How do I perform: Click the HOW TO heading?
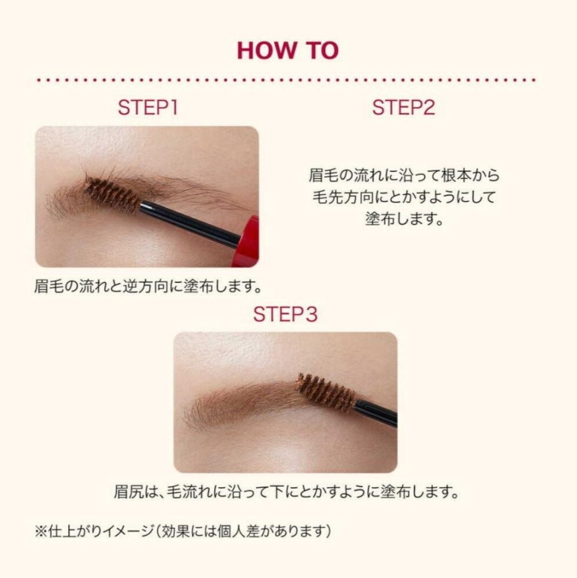click(x=287, y=50)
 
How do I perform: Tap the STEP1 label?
click(x=147, y=107)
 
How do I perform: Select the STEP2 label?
click(x=403, y=107)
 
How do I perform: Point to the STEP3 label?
click(x=285, y=315)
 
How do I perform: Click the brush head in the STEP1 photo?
click(x=112, y=193)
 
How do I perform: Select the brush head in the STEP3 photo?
click(x=326, y=393)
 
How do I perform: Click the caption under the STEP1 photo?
click(x=149, y=286)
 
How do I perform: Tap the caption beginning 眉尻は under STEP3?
click(x=286, y=491)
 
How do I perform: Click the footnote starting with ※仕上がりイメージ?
click(x=183, y=531)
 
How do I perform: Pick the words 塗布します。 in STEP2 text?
click(x=404, y=219)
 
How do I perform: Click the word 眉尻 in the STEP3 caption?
click(x=128, y=491)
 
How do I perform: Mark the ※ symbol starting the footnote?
click(x=41, y=532)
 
